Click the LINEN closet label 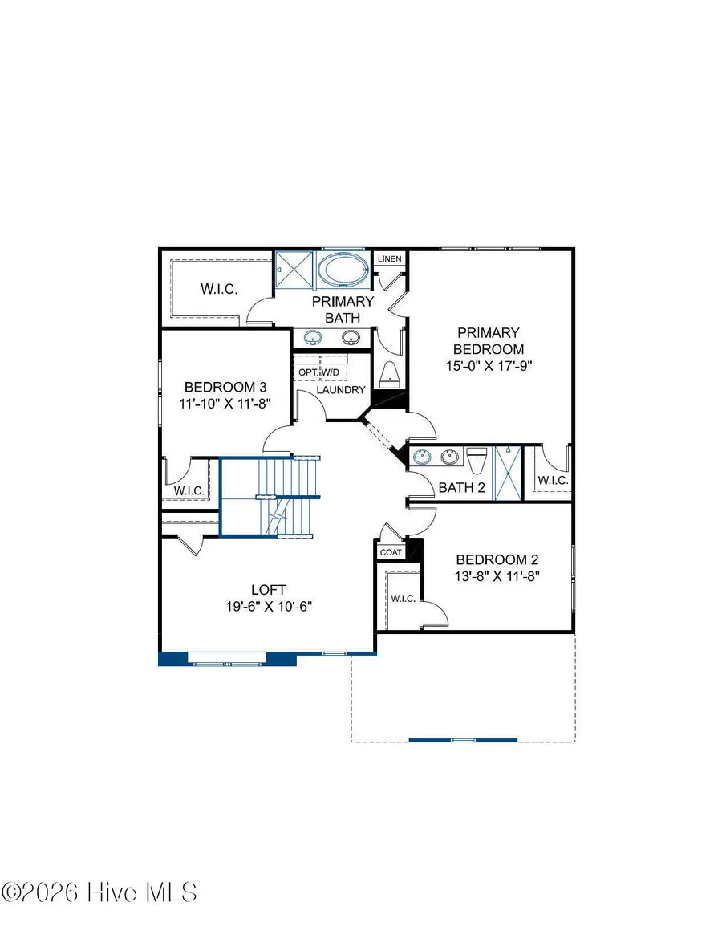pyautogui.click(x=389, y=259)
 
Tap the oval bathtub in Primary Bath pyautogui.click(x=344, y=270)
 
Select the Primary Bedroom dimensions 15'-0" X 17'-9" pyautogui.click(x=489, y=364)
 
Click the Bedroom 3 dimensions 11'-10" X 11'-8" pyautogui.click(x=223, y=404)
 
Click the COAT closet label pyautogui.click(x=391, y=552)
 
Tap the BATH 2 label pyautogui.click(x=461, y=487)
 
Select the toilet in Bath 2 pyautogui.click(x=477, y=461)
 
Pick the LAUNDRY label pyautogui.click(x=341, y=390)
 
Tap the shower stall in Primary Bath pyautogui.click(x=294, y=270)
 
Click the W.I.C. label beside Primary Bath pyautogui.click(x=218, y=289)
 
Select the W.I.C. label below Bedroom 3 pyautogui.click(x=190, y=490)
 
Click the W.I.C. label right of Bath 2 pyautogui.click(x=553, y=481)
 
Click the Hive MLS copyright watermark pyautogui.click(x=99, y=892)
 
